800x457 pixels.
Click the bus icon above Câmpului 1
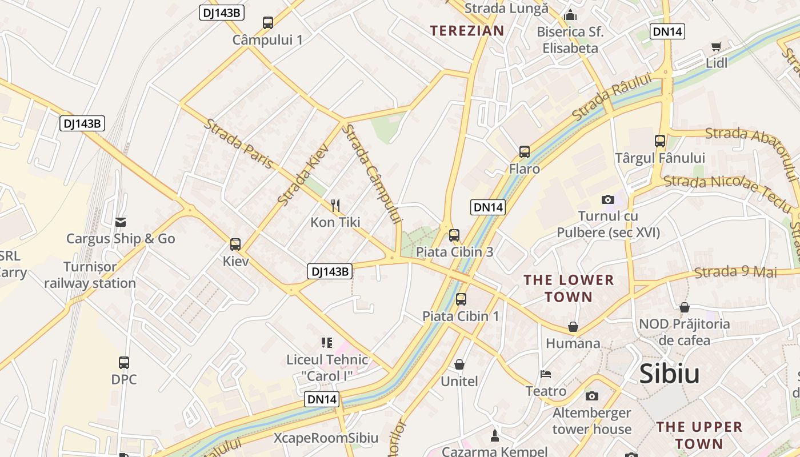click(x=267, y=23)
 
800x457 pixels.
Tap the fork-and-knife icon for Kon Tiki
click(x=335, y=205)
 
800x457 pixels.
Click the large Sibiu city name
click(x=669, y=374)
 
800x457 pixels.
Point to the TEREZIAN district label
click(x=467, y=31)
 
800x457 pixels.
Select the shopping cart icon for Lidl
click(x=716, y=46)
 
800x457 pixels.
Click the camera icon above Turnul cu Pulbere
click(x=608, y=199)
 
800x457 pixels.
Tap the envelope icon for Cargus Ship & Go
click(x=121, y=222)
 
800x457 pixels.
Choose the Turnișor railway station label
click(x=90, y=275)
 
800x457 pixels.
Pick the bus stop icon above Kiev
click(x=235, y=244)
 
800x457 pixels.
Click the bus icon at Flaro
click(x=525, y=152)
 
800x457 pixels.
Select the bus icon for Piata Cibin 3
click(x=454, y=235)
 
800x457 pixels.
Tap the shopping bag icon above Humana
click(x=573, y=327)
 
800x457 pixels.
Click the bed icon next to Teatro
click(x=546, y=374)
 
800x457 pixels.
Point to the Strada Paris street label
click(x=239, y=144)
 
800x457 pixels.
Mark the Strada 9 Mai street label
click(x=735, y=272)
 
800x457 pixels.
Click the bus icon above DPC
click(x=124, y=362)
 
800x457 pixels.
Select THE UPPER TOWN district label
click(x=699, y=435)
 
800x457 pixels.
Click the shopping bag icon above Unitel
click(x=459, y=364)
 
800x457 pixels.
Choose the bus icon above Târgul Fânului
click(x=660, y=141)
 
